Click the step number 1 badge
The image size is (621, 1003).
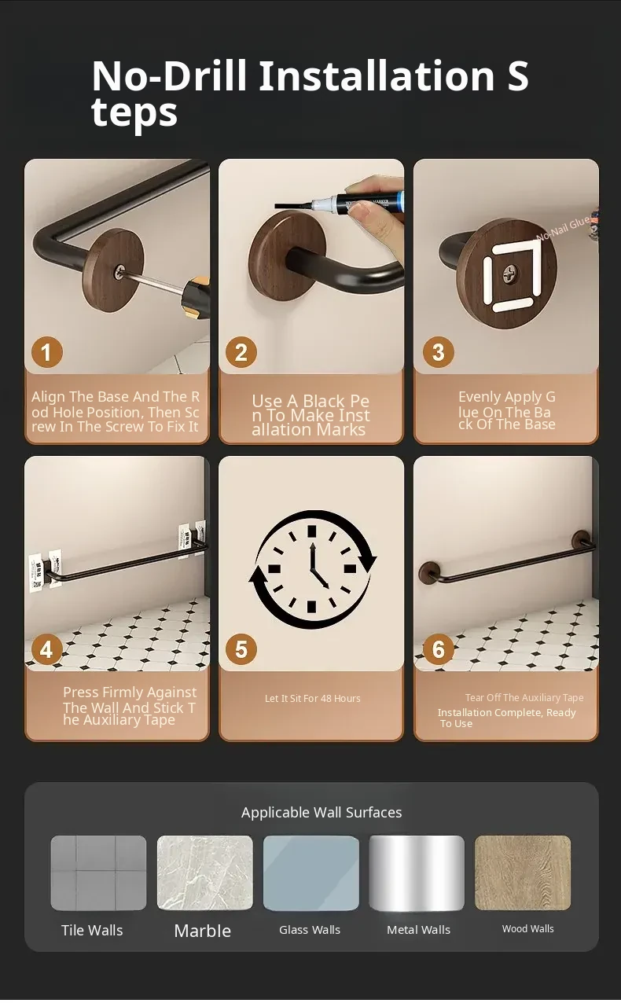click(46, 352)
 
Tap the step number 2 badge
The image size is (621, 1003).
click(241, 352)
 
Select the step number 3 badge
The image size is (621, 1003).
click(439, 352)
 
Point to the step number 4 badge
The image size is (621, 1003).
click(46, 649)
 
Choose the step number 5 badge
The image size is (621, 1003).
click(241, 649)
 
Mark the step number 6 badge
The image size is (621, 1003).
click(439, 649)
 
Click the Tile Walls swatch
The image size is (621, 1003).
click(98, 873)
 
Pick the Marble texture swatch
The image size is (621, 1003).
click(204, 873)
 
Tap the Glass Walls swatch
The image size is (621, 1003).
click(311, 873)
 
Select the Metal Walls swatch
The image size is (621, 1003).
click(417, 873)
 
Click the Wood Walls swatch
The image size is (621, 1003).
click(523, 873)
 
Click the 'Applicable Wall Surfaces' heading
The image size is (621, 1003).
click(322, 813)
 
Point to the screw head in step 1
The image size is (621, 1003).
click(120, 271)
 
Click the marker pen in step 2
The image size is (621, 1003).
click(340, 204)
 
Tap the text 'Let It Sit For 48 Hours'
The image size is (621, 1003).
click(313, 699)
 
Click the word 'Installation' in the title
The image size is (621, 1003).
click(377, 75)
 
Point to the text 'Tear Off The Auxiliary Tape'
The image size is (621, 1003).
click(524, 698)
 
